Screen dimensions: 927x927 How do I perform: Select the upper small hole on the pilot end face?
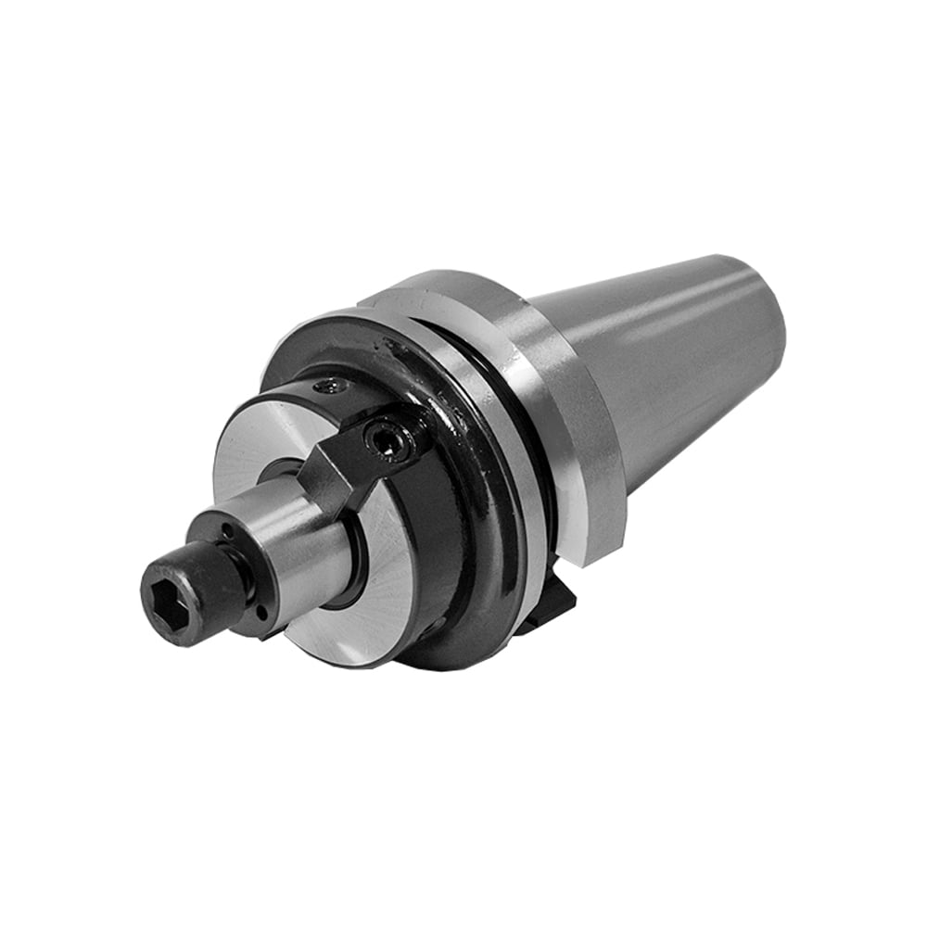tap(225, 532)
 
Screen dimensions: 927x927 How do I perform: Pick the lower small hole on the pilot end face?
tap(262, 613)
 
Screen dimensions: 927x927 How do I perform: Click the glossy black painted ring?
tap(482, 519)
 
